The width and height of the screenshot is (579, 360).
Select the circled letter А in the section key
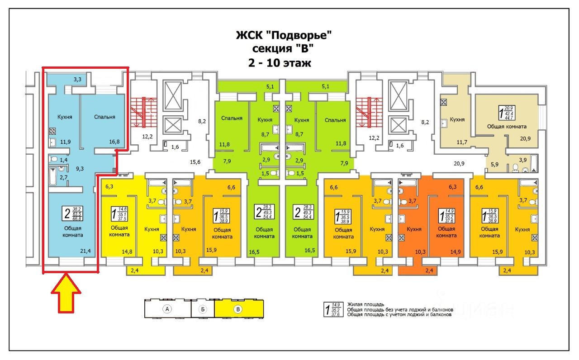point(167,310)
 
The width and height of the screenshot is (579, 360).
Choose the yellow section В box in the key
point(239,310)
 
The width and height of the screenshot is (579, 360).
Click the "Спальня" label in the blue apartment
point(104,117)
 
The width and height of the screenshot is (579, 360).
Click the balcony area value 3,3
point(78,80)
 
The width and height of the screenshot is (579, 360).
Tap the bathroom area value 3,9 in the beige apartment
point(522,160)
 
